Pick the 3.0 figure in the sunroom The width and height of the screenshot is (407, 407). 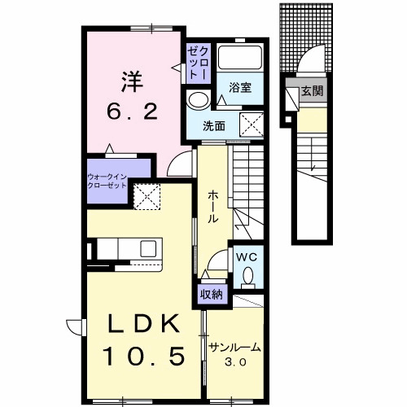234,361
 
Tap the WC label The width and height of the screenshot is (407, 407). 245,256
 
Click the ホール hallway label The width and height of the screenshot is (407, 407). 212,207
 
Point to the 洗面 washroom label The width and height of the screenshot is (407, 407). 214,126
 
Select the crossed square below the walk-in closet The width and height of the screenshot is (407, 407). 147,194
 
